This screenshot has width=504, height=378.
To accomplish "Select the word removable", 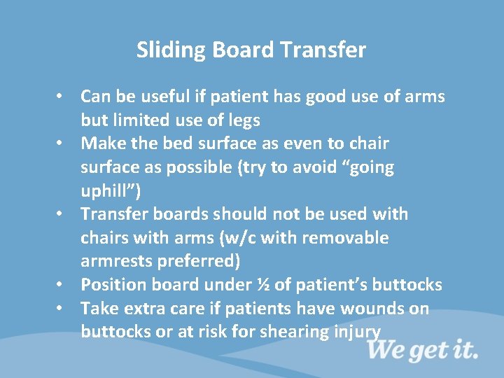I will [x=353, y=238].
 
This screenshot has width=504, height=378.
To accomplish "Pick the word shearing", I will [x=290, y=332].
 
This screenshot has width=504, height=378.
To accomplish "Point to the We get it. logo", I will [x=422, y=348].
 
